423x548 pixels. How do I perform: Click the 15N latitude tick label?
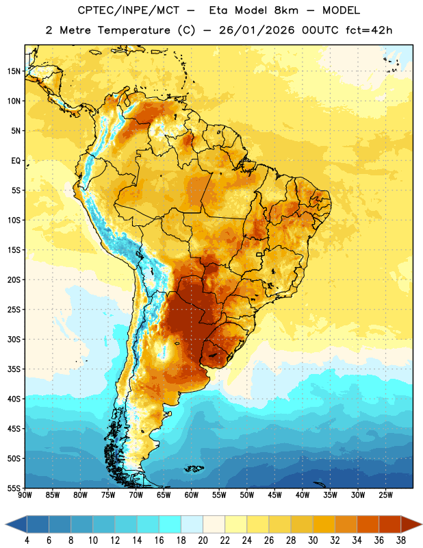pos(14,71)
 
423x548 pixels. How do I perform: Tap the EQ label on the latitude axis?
pos(16,161)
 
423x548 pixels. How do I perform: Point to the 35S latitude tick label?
pos(14,369)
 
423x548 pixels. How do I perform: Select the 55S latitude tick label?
pos(14,488)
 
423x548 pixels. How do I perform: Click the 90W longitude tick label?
pos(25,495)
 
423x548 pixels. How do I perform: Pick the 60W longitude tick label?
pos(192,495)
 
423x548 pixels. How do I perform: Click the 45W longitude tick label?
pos(274,495)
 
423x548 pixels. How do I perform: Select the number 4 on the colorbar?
pos(27,540)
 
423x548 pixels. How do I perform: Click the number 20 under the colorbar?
pos(203,540)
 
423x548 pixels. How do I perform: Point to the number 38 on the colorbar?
pos(400,540)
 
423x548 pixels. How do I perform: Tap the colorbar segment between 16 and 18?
pos(170,524)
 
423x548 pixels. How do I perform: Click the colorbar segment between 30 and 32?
pos(324,524)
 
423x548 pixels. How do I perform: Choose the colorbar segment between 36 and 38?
pos(389,524)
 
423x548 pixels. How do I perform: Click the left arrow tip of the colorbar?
pos(5,524)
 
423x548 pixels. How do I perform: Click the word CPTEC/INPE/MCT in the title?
pos(129,10)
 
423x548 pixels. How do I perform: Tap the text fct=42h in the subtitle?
pos(369,30)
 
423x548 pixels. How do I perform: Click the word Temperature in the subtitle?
pos(133,30)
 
